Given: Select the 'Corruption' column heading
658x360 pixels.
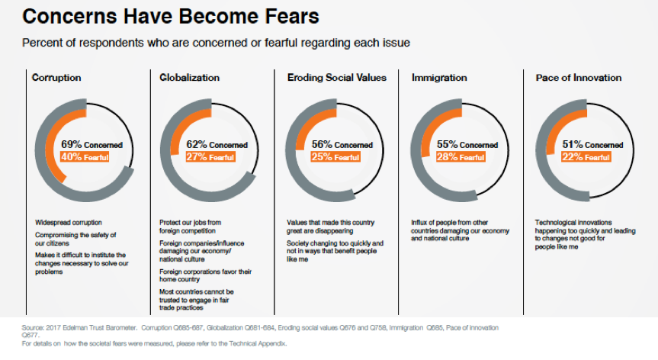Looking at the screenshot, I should pyautogui.click(x=56, y=77).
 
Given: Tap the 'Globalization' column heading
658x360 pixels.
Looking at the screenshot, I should pyautogui.click(x=189, y=77).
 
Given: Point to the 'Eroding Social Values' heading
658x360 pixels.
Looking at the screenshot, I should pyautogui.click(x=337, y=77).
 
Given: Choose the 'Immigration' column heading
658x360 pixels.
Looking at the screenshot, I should pyautogui.click(x=439, y=77).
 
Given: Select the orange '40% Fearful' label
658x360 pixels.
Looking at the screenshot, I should pyautogui.click(x=84, y=157).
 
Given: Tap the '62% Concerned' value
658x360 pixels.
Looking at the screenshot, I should pyautogui.click(x=217, y=144).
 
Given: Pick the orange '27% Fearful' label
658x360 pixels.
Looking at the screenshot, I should pyautogui.click(x=210, y=157).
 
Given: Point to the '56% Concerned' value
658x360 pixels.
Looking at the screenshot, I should pyautogui.click(x=342, y=144).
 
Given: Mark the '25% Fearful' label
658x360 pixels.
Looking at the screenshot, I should pyautogui.click(x=335, y=157).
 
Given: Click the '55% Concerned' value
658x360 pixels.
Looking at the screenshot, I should pyautogui.click(x=467, y=144).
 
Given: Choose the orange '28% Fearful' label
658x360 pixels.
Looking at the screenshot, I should pyautogui.click(x=461, y=157).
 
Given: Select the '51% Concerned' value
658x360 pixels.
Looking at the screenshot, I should pyautogui.click(x=592, y=144).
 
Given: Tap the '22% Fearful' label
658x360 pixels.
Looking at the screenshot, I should pyautogui.click(x=585, y=157).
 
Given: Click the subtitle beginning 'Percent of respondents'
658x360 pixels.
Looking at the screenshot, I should pyautogui.click(x=217, y=43).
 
